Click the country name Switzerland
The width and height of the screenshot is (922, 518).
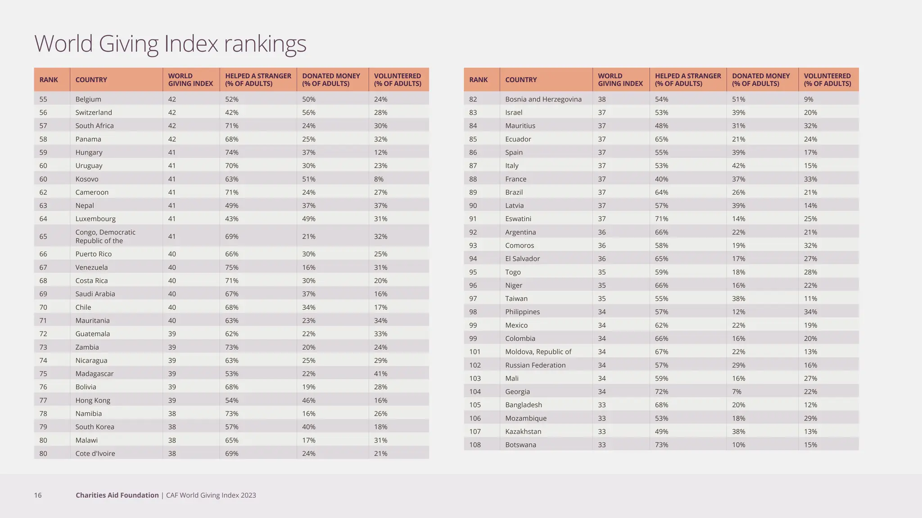tap(94, 112)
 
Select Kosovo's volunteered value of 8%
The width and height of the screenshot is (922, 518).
tap(379, 179)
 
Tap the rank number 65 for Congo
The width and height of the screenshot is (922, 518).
tap(43, 237)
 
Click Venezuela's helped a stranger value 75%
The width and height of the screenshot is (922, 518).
tap(232, 268)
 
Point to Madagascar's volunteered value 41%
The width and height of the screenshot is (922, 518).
tap(380, 374)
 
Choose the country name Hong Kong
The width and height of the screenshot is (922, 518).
tap(93, 400)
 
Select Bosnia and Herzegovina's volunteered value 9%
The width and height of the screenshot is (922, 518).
tap(809, 99)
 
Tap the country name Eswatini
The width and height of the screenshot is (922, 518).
tap(518, 219)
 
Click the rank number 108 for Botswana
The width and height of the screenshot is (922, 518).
tap(475, 445)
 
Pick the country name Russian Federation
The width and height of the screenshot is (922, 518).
tap(535, 365)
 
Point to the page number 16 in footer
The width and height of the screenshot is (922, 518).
tap(38, 495)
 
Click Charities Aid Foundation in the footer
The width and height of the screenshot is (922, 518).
tap(117, 495)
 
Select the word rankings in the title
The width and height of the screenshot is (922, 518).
tap(265, 44)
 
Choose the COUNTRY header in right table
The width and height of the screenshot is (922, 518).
tap(521, 80)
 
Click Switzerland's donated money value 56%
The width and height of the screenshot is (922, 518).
tap(309, 112)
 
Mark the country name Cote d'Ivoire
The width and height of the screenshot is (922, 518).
tap(95, 454)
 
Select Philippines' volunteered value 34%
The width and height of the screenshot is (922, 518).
tap(810, 312)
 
